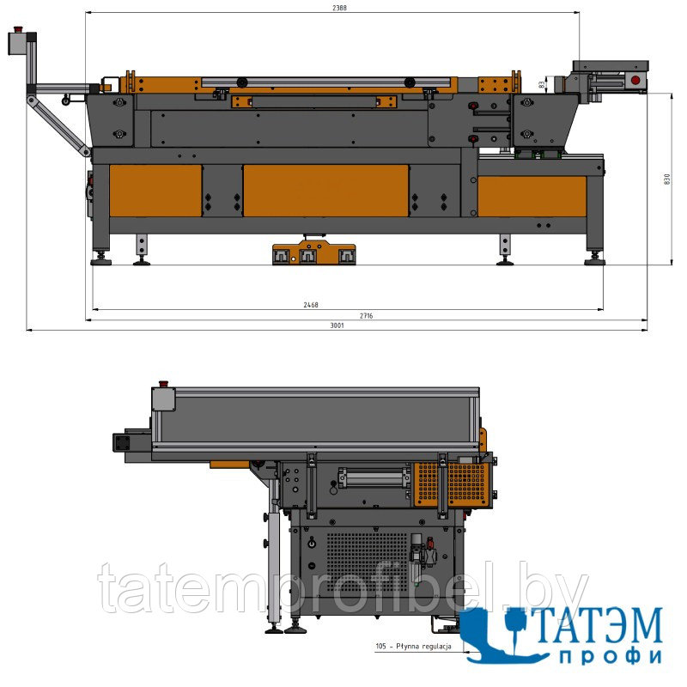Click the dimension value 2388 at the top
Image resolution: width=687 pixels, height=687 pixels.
click(x=339, y=8)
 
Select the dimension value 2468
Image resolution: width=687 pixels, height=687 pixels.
click(x=311, y=305)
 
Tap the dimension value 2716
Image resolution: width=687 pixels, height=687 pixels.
click(x=366, y=315)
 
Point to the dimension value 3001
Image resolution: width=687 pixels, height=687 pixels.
click(x=337, y=325)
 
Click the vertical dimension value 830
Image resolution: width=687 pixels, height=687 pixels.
click(x=667, y=179)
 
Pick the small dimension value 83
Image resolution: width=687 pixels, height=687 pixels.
click(x=542, y=84)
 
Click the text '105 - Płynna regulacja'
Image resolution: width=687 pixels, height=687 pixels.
click(x=413, y=646)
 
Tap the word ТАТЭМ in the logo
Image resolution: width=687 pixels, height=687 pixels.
click(x=597, y=625)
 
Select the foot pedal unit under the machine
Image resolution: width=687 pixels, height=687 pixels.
click(x=313, y=252)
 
